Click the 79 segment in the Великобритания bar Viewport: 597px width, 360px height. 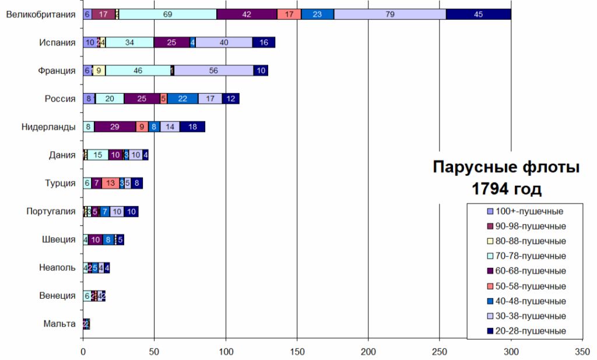click(390, 15)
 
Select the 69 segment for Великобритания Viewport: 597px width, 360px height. click(168, 15)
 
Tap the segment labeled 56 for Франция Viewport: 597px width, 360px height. click(213, 70)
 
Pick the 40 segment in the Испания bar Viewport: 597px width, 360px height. click(224, 43)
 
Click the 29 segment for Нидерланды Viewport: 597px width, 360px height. click(115, 127)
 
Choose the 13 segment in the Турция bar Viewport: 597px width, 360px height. click(110, 183)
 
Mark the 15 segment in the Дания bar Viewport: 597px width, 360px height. click(98, 155)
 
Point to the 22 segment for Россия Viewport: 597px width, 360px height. click(182, 99)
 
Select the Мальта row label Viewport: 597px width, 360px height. click(59, 324)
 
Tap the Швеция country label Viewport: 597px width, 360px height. click(59, 239)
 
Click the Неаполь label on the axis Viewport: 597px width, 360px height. click(57, 267)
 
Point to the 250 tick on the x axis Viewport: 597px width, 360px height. click(440, 351)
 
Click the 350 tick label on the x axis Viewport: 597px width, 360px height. click(582, 351)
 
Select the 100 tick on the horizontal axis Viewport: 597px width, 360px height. click(226, 351)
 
